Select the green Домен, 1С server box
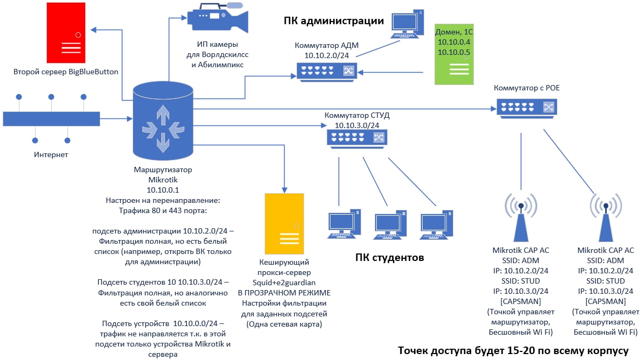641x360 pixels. coord(454,54)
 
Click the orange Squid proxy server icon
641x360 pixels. coord(284,223)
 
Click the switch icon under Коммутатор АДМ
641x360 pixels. coord(327,70)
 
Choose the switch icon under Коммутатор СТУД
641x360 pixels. coord(356,138)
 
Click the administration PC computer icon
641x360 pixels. coord(407,24)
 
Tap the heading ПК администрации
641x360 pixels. coord(334,21)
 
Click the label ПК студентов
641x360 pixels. coord(389,257)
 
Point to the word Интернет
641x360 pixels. coord(51,155)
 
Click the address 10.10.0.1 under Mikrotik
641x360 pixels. coord(162,189)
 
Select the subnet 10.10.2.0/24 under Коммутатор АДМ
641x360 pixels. coord(327,55)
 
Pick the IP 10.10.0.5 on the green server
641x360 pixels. coord(454,52)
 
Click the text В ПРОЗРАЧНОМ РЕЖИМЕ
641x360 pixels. coord(284,293)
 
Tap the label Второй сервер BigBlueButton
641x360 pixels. coord(66,71)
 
